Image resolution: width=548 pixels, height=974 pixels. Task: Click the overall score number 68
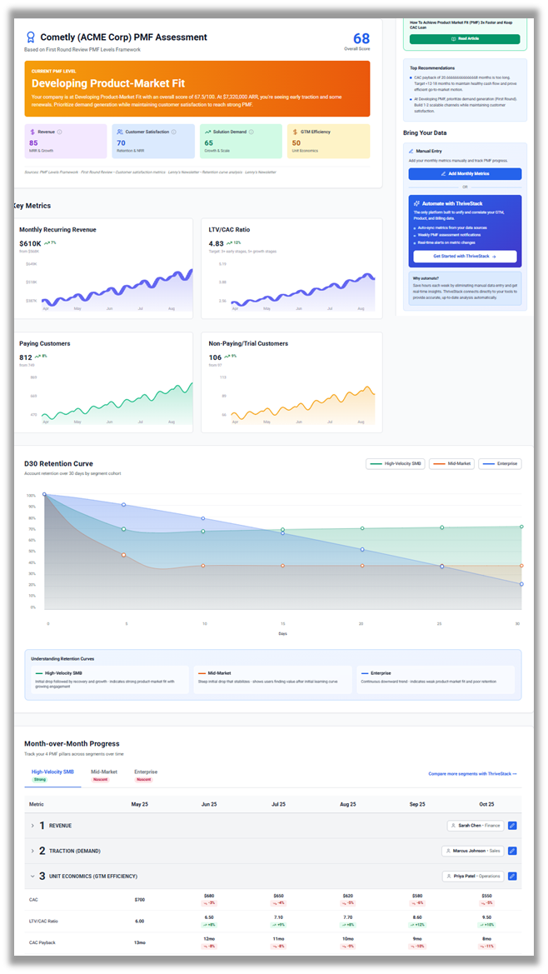361,38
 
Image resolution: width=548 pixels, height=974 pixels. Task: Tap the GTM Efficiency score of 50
296,143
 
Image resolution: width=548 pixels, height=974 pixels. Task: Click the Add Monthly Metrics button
465,173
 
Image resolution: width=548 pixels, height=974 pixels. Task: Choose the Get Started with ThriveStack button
465,257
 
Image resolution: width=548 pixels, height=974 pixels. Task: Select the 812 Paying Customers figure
27,357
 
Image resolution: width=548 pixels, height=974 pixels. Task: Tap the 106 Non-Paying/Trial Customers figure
216,357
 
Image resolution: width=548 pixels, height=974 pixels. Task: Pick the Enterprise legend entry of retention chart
500,463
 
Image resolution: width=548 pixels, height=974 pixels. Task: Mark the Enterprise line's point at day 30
521,584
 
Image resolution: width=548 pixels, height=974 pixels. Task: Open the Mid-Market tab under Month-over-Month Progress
104,772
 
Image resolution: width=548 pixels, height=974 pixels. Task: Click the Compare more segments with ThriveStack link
472,774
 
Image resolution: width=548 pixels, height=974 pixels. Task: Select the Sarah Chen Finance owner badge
475,826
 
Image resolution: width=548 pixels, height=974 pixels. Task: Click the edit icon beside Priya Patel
512,876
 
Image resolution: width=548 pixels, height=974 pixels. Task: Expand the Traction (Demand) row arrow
32,851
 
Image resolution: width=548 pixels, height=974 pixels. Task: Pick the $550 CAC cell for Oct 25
487,896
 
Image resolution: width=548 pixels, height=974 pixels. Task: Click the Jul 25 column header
278,804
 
